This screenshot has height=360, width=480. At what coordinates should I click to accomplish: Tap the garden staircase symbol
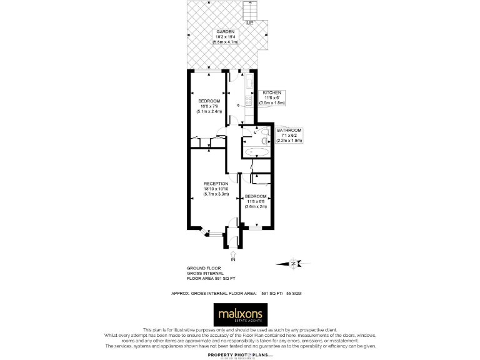pyautogui.click(x=250, y=11)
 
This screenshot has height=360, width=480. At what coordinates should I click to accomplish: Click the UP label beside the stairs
pyautogui.click(x=250, y=24)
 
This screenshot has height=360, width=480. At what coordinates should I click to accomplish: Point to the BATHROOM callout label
pyautogui.click(x=289, y=130)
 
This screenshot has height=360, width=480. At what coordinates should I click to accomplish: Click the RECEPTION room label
pyautogui.click(x=207, y=183)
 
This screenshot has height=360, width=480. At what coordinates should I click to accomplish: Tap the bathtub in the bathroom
pyautogui.click(x=256, y=152)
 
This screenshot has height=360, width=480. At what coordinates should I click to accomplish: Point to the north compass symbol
pyautogui.click(x=296, y=263)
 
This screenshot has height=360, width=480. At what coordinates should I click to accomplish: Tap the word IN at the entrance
pyautogui.click(x=233, y=259)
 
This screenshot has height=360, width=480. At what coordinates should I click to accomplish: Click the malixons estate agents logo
pyautogui.click(x=241, y=314)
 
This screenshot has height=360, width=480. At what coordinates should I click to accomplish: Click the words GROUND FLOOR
pyautogui.click(x=201, y=267)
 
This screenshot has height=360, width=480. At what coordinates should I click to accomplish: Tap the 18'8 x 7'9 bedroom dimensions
pyautogui.click(x=209, y=106)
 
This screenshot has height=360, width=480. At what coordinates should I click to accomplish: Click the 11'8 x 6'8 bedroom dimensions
pyautogui.click(x=256, y=201)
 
